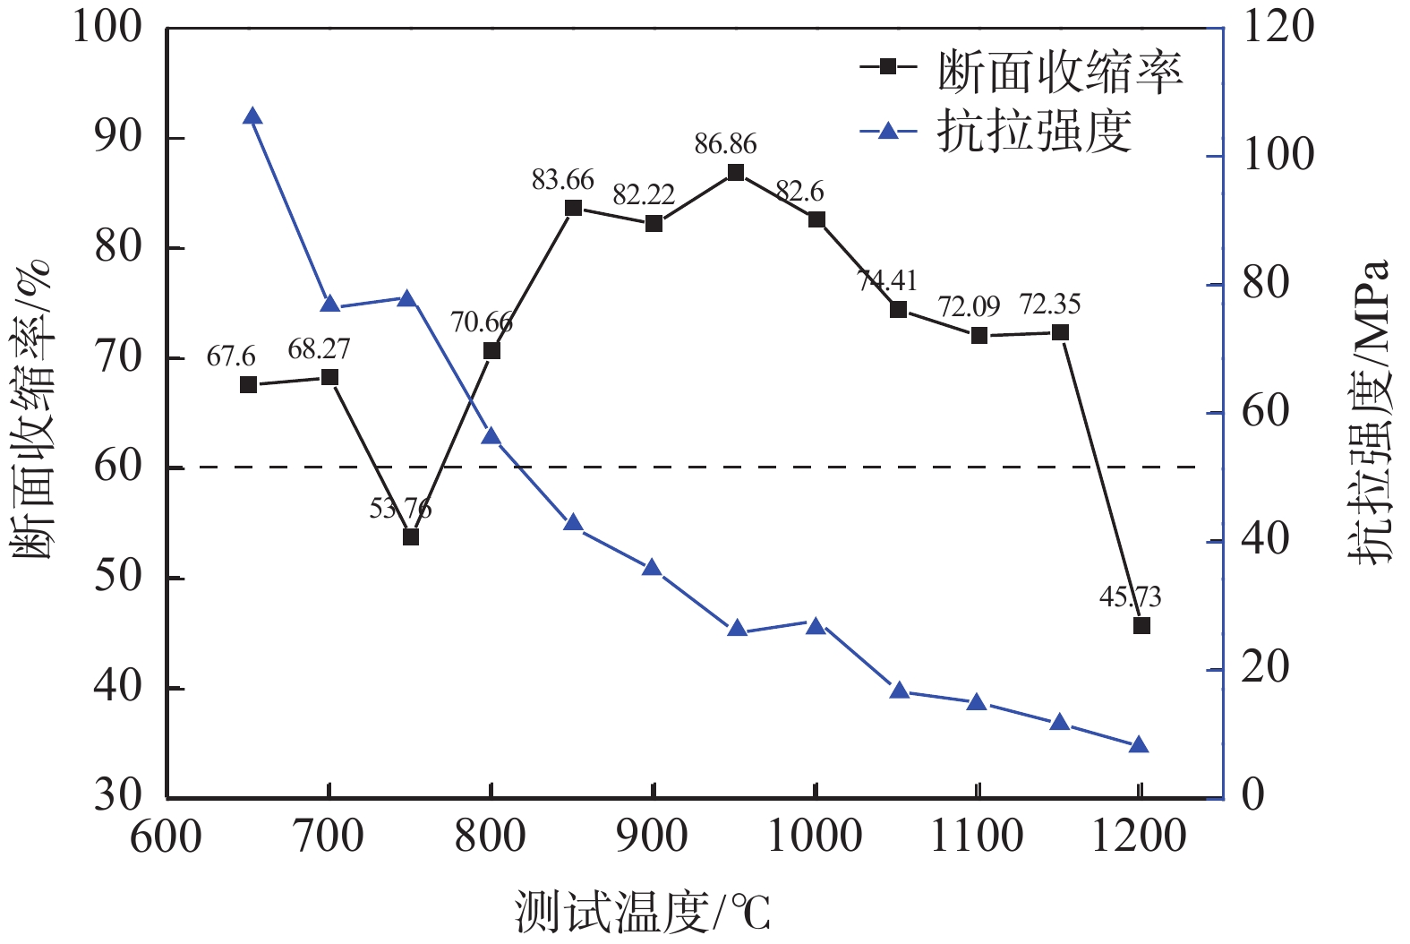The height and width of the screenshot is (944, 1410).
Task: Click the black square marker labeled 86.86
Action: (736, 172)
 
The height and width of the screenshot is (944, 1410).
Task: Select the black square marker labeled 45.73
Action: (1141, 625)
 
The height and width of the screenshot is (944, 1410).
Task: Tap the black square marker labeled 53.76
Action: (411, 536)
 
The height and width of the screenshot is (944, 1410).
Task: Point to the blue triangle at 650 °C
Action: (252, 116)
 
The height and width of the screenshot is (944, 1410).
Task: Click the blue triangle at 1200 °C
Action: (1139, 744)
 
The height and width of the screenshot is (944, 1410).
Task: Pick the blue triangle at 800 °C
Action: (491, 436)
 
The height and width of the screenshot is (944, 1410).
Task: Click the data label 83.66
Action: (562, 180)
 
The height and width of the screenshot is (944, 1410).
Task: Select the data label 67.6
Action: (231, 356)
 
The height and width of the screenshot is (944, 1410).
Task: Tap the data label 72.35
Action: (1050, 305)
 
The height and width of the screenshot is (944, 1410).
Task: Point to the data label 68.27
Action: (319, 348)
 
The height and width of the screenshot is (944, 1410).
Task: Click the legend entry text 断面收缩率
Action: (1060, 72)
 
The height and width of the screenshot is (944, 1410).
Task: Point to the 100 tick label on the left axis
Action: (107, 27)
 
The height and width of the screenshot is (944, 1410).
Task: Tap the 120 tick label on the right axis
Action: (1278, 27)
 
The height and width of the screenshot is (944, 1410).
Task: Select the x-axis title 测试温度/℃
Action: (642, 913)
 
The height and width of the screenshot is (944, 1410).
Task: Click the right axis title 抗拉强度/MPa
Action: (1371, 412)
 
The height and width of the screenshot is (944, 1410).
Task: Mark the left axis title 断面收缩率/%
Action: (34, 410)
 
